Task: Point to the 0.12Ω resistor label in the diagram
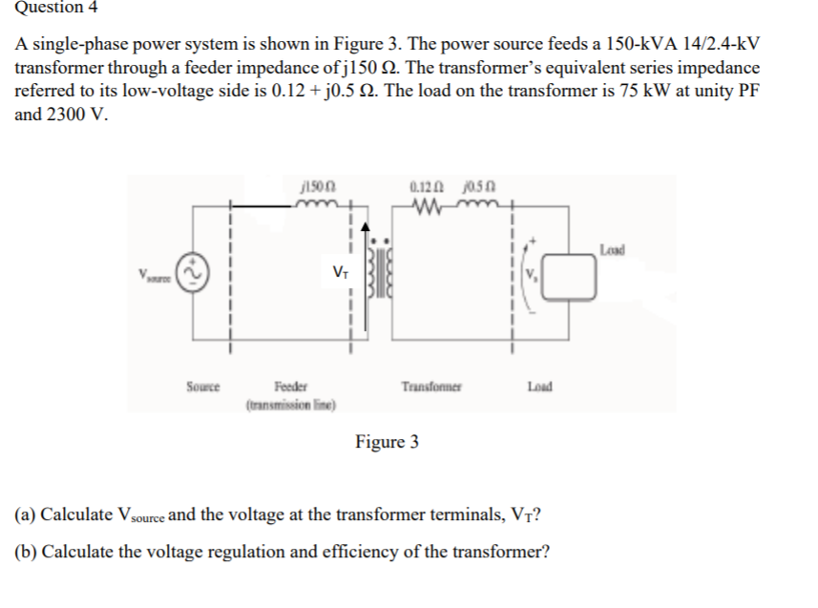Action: click(421, 188)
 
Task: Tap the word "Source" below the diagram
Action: click(202, 388)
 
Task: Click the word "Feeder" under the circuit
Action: click(290, 388)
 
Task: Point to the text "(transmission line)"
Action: click(291, 404)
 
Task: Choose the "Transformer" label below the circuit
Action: click(432, 388)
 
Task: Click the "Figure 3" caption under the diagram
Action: click(387, 442)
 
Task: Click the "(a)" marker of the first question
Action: click(27, 515)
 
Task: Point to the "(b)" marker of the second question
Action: click(27, 552)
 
